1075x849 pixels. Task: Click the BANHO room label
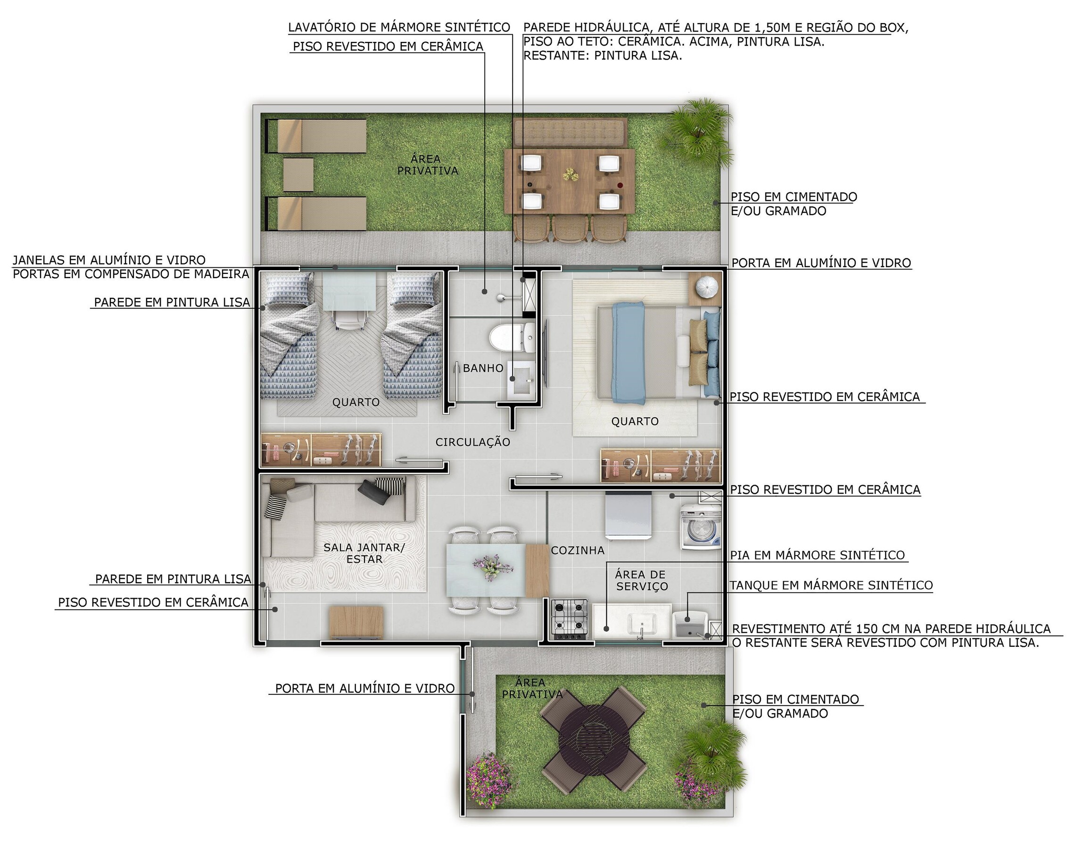tap(483, 368)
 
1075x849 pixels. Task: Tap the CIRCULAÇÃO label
tap(472, 442)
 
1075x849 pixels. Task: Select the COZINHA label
tap(577, 550)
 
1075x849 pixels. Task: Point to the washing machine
tap(701, 527)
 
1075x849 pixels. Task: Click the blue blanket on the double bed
tap(628, 353)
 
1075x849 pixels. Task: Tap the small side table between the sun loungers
tap(298, 174)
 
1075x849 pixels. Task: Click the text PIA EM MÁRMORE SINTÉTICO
tap(817, 555)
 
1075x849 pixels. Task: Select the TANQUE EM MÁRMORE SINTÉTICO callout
tap(831, 585)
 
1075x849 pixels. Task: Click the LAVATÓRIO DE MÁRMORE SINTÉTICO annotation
tap(399, 27)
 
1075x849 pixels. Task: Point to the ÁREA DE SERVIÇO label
tap(641, 580)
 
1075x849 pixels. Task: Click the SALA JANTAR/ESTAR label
tap(364, 553)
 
